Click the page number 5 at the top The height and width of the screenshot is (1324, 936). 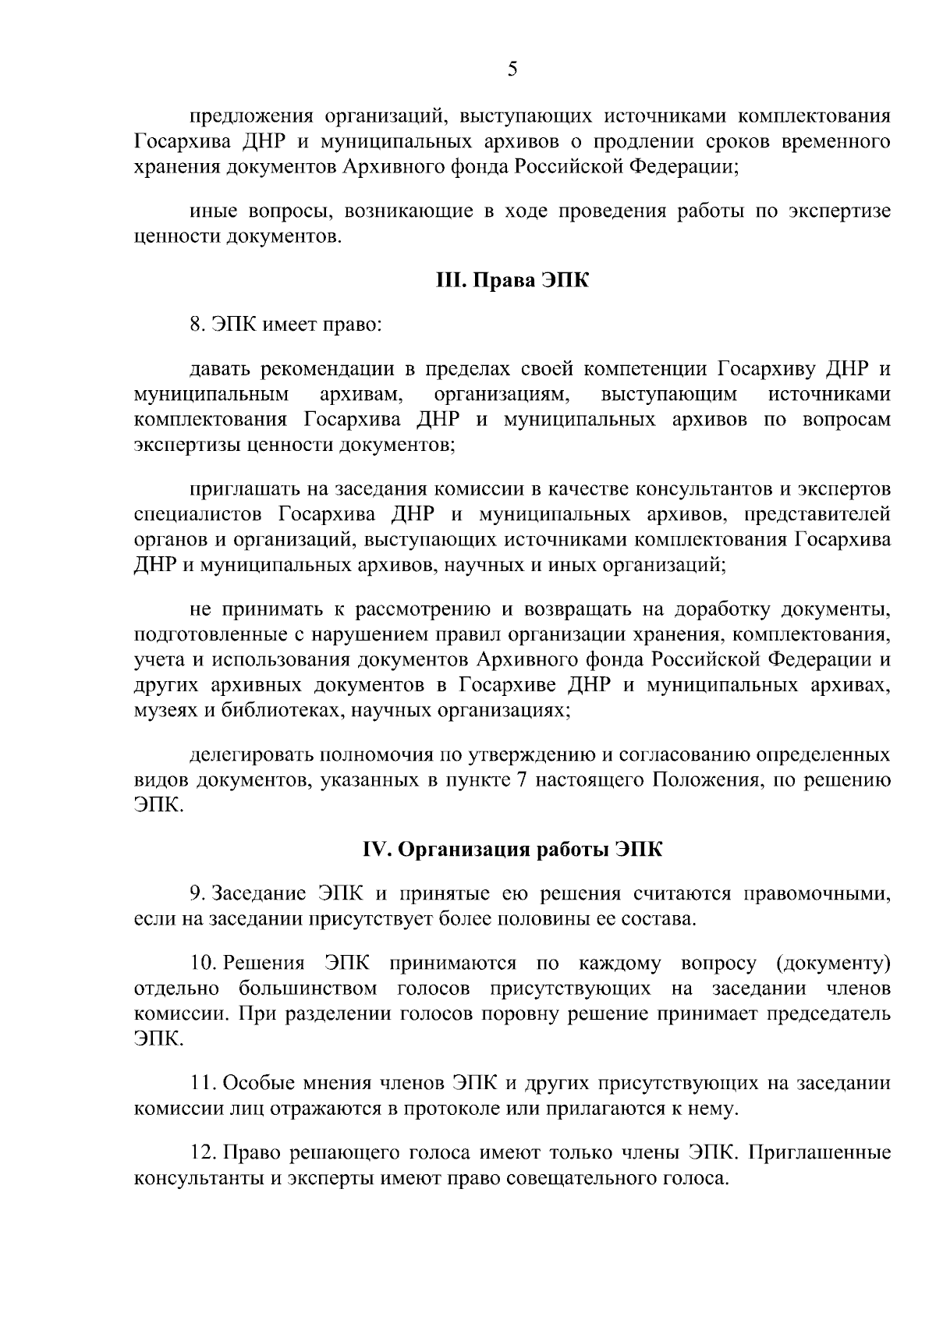point(512,69)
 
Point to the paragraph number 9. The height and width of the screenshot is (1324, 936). point(197,893)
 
